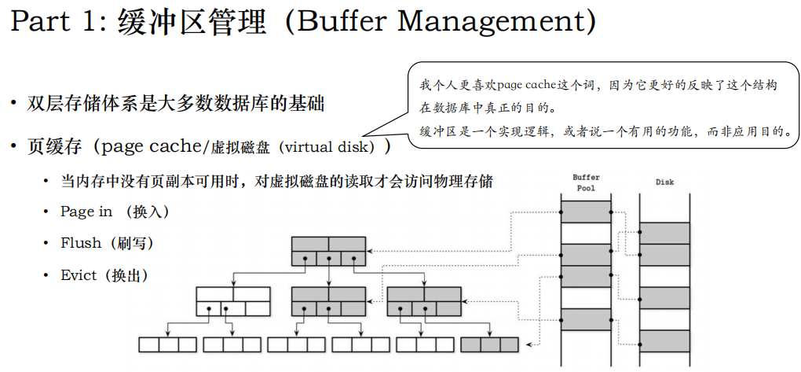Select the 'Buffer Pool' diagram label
pyautogui.click(x=586, y=182)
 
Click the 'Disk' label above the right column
pyautogui.click(x=665, y=182)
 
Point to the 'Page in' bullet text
pyautogui.click(x=86, y=212)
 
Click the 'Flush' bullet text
pyautogui.click(x=81, y=243)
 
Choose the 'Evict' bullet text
pyautogui.click(x=79, y=275)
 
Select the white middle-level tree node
pyautogui.click(x=232, y=301)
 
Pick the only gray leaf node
pyautogui.click(x=489, y=344)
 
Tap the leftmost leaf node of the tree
pyautogui.click(x=167, y=344)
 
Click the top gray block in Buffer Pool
pyautogui.click(x=586, y=211)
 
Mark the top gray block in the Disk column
pyautogui.click(x=665, y=234)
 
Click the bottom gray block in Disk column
pyautogui.click(x=665, y=341)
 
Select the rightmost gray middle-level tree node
pyautogui.click(x=424, y=301)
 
